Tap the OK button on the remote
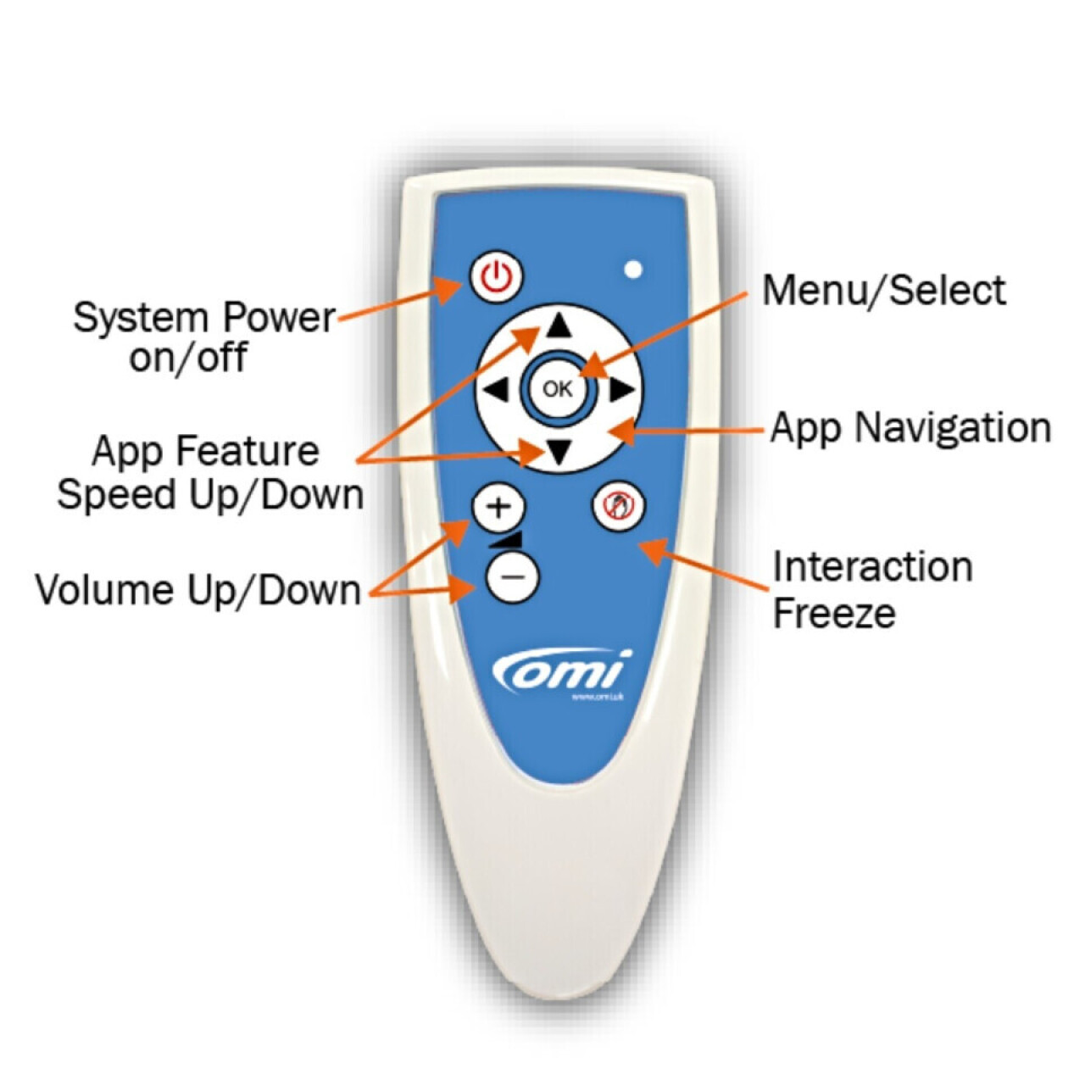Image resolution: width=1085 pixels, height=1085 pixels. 557,389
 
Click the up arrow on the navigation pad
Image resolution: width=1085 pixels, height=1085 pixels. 557,325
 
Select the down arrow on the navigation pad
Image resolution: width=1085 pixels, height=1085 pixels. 557,453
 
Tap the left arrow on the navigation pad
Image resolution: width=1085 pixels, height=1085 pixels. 496,390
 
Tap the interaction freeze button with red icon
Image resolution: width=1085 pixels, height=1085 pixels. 618,506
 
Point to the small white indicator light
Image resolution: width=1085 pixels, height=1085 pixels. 632,270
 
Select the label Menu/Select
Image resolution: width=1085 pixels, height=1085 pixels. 883,290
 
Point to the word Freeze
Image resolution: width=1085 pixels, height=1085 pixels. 833,613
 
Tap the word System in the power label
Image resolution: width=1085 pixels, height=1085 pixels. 128,318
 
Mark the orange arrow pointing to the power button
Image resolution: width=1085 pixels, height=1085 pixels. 398,303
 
